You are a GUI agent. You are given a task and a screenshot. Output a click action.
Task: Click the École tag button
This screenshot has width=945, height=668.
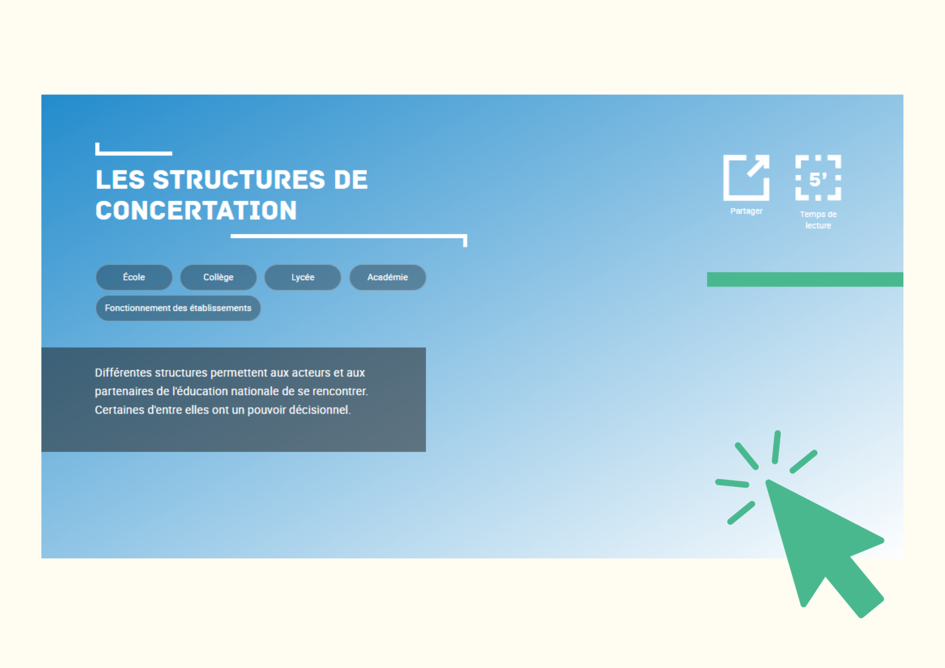[x=134, y=277]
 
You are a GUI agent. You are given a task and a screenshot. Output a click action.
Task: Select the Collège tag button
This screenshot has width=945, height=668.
[x=218, y=277]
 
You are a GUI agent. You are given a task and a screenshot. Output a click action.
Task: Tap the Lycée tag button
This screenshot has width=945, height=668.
[x=303, y=277]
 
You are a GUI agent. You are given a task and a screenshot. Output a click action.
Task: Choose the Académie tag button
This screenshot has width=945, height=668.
[x=387, y=277]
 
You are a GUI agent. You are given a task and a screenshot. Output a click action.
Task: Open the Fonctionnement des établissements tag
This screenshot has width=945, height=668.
[x=178, y=308]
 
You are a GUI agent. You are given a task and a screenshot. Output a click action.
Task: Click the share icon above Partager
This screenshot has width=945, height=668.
[x=746, y=178]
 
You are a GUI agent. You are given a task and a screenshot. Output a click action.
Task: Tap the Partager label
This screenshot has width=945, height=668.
[x=747, y=211]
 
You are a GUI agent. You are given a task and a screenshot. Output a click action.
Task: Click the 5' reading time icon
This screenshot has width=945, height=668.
[x=818, y=178]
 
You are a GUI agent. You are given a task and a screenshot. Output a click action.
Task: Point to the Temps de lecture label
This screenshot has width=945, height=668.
[x=818, y=220]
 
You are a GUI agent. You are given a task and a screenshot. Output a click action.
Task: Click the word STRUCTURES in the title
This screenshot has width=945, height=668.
[x=239, y=180]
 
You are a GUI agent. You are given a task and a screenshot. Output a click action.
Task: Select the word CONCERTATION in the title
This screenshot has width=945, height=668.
[x=196, y=211]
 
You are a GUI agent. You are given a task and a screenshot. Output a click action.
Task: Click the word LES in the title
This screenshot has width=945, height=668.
[x=120, y=180]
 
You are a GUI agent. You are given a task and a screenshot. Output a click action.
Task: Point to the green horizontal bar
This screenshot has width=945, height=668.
[x=805, y=279]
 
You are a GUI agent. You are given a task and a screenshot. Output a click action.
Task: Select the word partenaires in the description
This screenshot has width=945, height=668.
[x=124, y=392]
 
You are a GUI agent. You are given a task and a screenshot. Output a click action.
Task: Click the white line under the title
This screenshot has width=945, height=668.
[x=349, y=236]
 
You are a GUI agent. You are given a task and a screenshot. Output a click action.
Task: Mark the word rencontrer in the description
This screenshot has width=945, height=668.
[x=340, y=392]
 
